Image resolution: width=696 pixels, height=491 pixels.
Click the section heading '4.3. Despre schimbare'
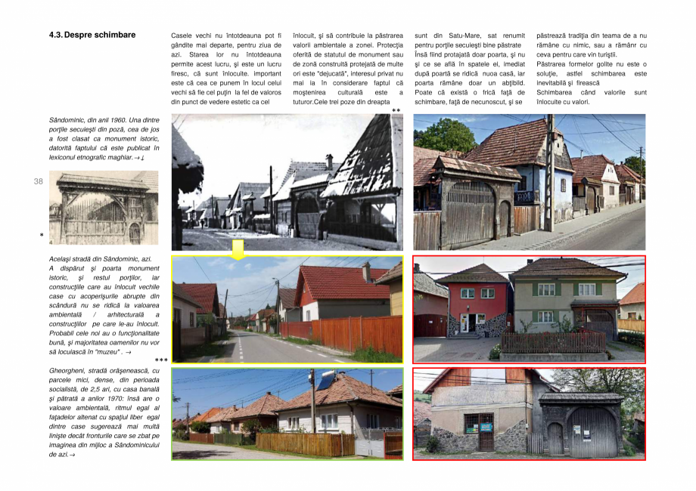92,35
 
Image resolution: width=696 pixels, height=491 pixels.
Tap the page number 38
38,182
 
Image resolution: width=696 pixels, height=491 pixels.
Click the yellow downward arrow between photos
238,250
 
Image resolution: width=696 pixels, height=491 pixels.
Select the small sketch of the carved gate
104,208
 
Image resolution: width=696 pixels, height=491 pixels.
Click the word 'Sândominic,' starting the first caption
68,120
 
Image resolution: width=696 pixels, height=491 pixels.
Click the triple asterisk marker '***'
161,361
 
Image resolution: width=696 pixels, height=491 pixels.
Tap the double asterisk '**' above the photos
396,111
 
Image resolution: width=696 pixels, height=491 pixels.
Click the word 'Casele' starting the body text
183,36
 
